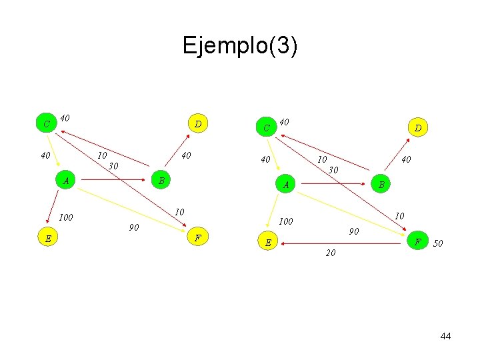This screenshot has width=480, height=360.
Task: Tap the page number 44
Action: pos(445,336)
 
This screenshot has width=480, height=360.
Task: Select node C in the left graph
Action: pos(46,124)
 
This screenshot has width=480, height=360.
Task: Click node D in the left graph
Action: pos(198,123)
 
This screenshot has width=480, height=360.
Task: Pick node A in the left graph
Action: pos(65,181)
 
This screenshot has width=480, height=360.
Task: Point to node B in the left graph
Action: pos(161,181)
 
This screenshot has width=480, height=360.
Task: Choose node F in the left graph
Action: pos(198,238)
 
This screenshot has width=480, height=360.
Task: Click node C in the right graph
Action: pos(266,127)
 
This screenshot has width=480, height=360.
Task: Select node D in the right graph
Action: pos(418,127)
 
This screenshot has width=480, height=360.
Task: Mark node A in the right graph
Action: pos(285,185)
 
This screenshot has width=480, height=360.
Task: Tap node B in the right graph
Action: pos(381,185)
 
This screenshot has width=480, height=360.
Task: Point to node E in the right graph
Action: pos(267,243)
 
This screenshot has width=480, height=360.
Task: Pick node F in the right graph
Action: pos(418,241)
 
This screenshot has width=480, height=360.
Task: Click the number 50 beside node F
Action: pos(438,244)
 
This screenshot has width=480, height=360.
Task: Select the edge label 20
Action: pos(331,253)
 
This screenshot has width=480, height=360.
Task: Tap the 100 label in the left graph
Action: pos(66,217)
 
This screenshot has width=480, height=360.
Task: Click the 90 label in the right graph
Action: pos(354,231)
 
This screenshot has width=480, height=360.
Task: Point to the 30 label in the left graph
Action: pos(114,166)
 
